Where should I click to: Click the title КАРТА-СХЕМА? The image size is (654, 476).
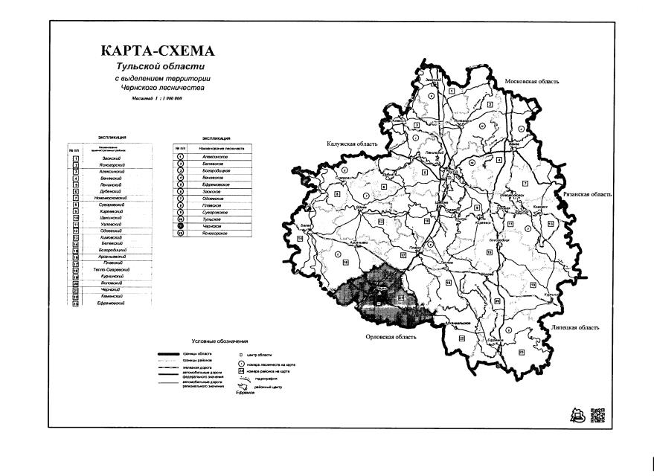(156, 52)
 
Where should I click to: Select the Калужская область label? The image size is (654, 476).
(353, 144)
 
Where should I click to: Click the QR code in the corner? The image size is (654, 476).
(597, 415)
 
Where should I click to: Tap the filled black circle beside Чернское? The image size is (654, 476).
(180, 227)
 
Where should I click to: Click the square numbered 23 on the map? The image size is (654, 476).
(522, 352)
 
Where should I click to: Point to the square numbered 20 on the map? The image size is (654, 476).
(496, 299)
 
